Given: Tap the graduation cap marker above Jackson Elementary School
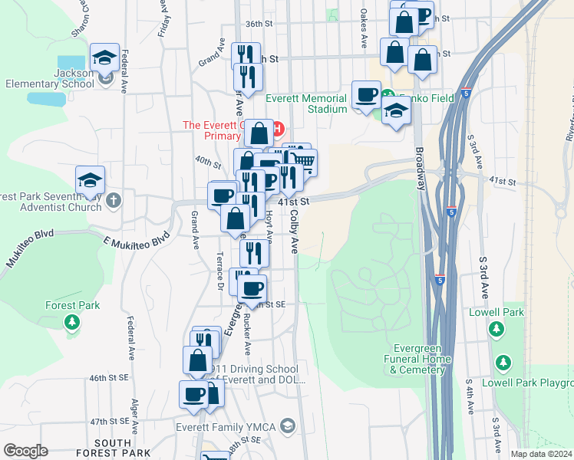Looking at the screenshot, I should point(104,58).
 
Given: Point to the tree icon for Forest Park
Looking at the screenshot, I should point(71,323).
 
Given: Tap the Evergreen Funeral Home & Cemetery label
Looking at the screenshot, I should point(417,359).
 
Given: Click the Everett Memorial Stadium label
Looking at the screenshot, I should point(306,103).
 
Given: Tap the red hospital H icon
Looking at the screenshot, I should point(279,127).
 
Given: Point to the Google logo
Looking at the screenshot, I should point(25,451).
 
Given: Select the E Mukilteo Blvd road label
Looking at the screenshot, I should point(137,240).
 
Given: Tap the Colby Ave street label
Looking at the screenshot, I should point(294,234).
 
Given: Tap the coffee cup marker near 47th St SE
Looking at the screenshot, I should point(193,394).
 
